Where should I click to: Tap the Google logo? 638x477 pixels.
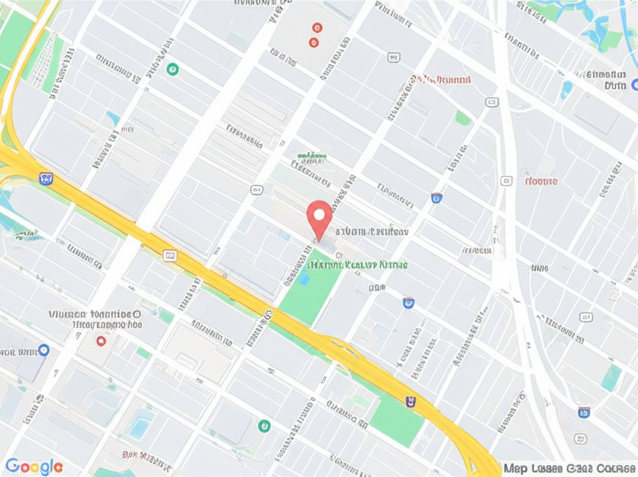34,466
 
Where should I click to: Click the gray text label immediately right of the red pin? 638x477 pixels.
372,231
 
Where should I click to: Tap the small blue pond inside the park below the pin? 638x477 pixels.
304,278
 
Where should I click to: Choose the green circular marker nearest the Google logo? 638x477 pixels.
264,425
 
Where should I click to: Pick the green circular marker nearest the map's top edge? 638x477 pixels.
173,69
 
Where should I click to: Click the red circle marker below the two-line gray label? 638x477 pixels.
101,341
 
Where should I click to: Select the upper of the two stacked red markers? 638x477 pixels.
317,27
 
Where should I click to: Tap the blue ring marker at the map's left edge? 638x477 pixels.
43,350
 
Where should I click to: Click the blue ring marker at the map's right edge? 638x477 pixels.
634,85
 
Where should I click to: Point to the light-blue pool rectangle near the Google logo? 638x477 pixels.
140,427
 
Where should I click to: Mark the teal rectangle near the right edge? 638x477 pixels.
611,378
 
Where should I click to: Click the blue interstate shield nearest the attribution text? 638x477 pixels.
584,412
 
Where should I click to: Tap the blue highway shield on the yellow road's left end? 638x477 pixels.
46,179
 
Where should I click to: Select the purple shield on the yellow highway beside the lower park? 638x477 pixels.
411,402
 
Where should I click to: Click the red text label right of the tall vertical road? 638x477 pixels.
540,181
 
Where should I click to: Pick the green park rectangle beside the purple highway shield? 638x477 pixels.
398,420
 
